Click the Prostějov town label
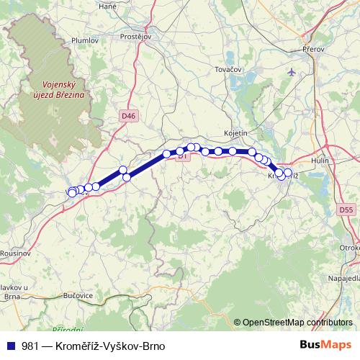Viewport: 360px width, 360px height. pos(135,36)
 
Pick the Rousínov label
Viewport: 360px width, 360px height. pos(14,253)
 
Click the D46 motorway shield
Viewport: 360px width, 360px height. pos(128,115)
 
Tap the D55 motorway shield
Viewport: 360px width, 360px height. pos(346,210)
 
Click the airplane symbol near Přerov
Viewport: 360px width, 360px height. pos(291,72)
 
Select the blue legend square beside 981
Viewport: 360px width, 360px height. pos(11,346)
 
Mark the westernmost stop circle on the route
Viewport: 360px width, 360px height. pos(72,192)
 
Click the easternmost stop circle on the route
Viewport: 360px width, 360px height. pos(288,173)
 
